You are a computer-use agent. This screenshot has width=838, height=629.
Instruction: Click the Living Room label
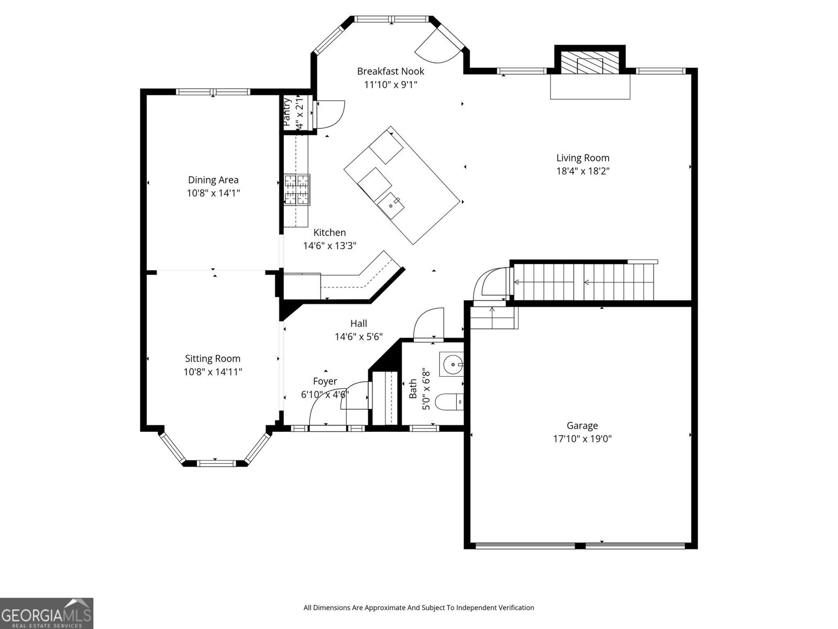[582, 158]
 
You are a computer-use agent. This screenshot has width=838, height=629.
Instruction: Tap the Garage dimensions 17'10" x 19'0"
[582, 439]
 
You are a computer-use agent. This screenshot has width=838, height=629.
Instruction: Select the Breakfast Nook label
[390, 71]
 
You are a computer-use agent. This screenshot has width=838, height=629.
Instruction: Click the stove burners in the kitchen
[297, 189]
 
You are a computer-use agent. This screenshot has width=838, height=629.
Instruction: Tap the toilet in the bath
[451, 403]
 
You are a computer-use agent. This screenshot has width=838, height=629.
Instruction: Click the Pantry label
[287, 112]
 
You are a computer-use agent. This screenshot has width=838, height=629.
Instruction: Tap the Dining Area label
[213, 180]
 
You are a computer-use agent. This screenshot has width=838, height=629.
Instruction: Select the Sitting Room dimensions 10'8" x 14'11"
[213, 372]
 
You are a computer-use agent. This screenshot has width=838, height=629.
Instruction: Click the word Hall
[359, 323]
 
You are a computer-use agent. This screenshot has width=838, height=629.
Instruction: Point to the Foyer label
[325, 381]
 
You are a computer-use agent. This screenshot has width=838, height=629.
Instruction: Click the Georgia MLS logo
[47, 613]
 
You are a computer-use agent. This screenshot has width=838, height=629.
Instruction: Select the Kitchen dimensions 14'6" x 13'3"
[329, 245]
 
